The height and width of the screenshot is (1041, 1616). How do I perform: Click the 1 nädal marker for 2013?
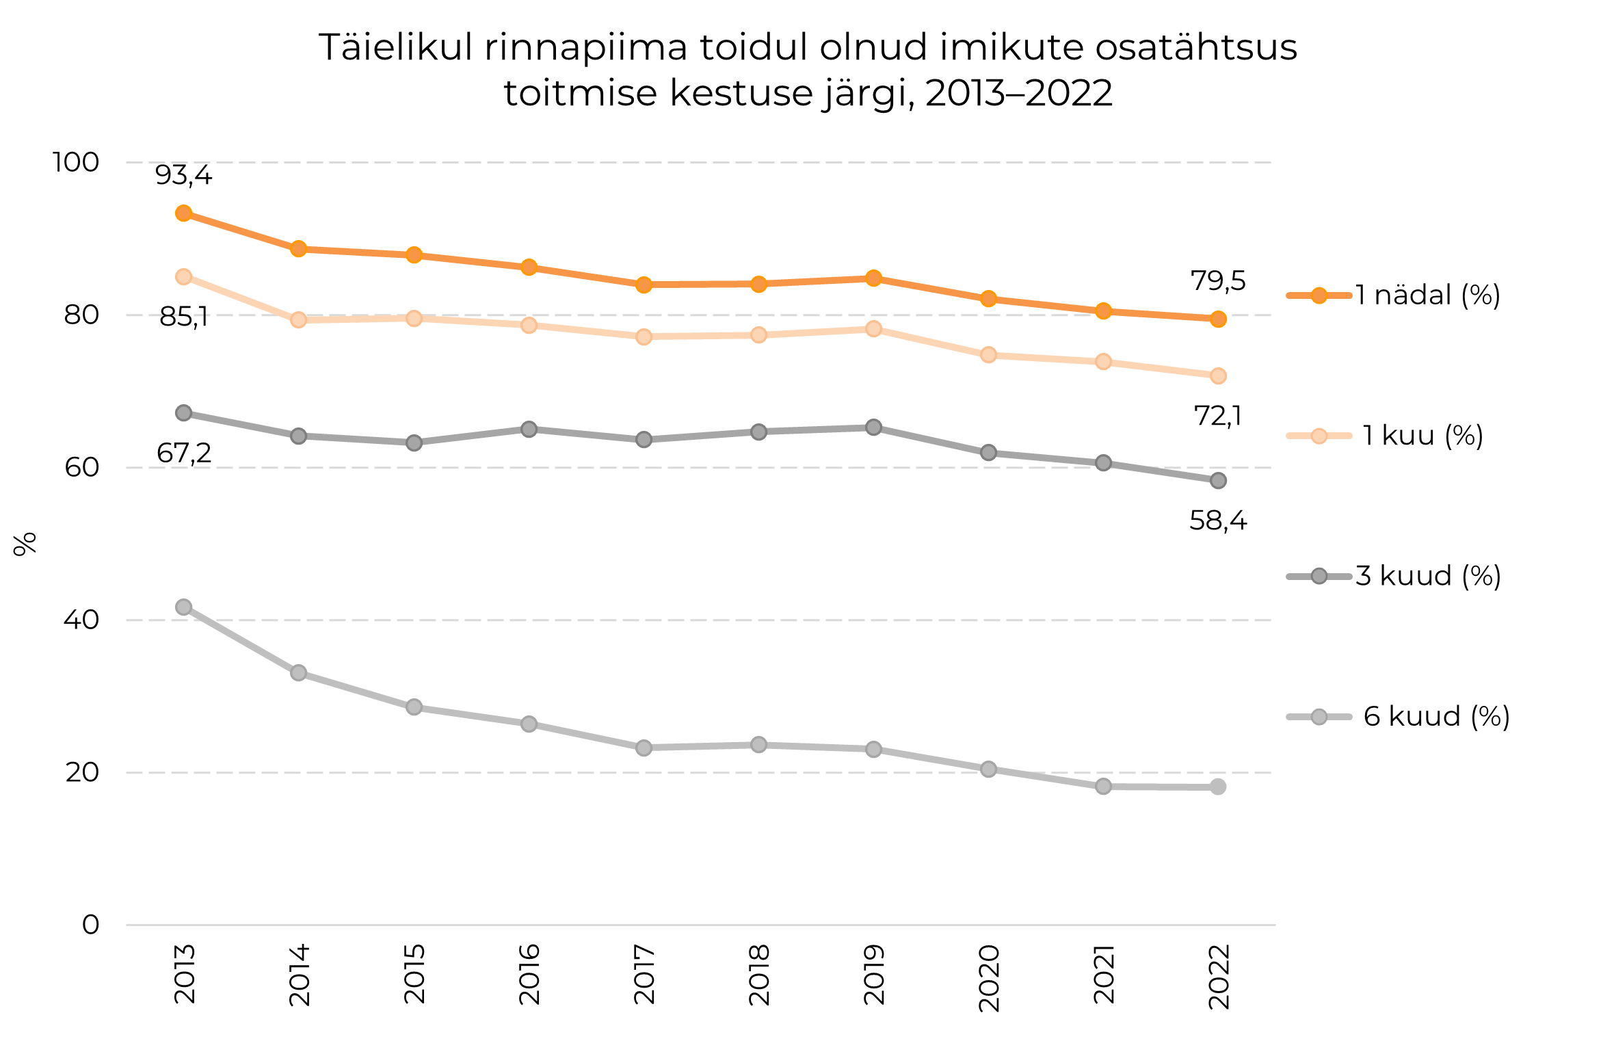coord(183,213)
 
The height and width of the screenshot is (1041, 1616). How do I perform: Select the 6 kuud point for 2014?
coord(298,673)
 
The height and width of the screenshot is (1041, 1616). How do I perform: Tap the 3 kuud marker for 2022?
coord(1218,481)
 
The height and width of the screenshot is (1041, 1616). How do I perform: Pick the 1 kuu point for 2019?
coord(873,329)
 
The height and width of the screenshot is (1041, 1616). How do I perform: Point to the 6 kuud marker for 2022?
coord(1218,787)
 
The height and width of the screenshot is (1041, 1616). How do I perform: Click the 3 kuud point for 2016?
coord(529,430)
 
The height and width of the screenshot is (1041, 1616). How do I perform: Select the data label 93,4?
coord(183,176)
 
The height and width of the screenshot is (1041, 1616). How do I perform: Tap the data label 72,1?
coord(1217,416)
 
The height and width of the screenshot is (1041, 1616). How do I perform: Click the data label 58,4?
coord(1218,521)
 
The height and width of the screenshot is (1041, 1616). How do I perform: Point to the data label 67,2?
coord(183,453)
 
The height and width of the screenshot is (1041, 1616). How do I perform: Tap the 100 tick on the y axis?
coord(76,163)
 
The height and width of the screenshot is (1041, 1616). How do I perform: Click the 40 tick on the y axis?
coord(81,620)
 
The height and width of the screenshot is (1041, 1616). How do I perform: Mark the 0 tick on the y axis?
coord(90,925)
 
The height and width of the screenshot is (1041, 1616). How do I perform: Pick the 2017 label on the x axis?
coord(644,974)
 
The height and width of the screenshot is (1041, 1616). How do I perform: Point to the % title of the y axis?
coord(25,544)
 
